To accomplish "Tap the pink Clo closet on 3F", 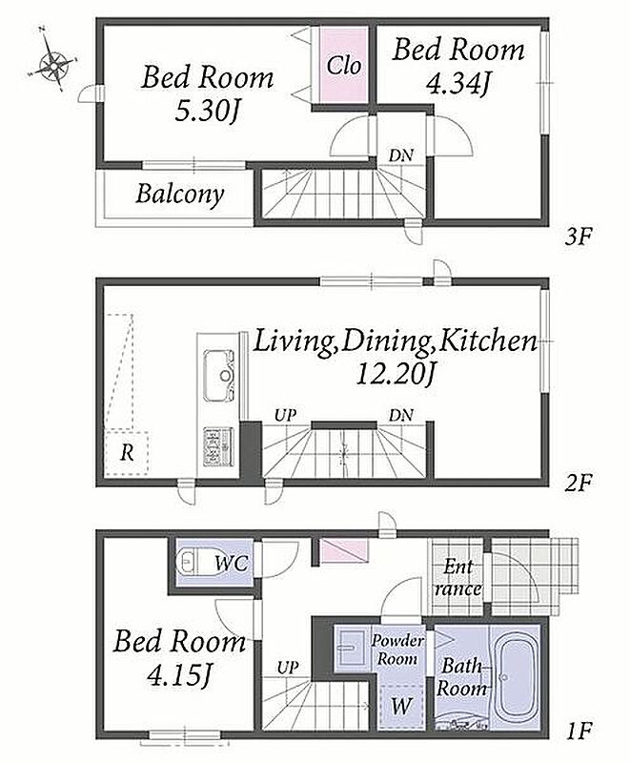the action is (343, 65).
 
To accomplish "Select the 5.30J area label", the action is (207, 113).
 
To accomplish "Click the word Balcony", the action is (180, 195).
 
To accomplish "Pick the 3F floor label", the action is (578, 237).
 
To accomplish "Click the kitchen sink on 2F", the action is (219, 375).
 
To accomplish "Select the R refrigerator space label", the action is (127, 453).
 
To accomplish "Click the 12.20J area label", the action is (395, 374).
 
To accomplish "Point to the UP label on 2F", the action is (285, 416).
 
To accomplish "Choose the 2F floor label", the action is (578, 484).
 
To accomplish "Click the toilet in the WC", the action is (191, 562).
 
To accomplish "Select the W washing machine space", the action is (401, 705).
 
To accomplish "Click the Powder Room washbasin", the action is (350, 648).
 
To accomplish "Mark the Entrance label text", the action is (458, 578).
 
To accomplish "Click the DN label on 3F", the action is (400, 155).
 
